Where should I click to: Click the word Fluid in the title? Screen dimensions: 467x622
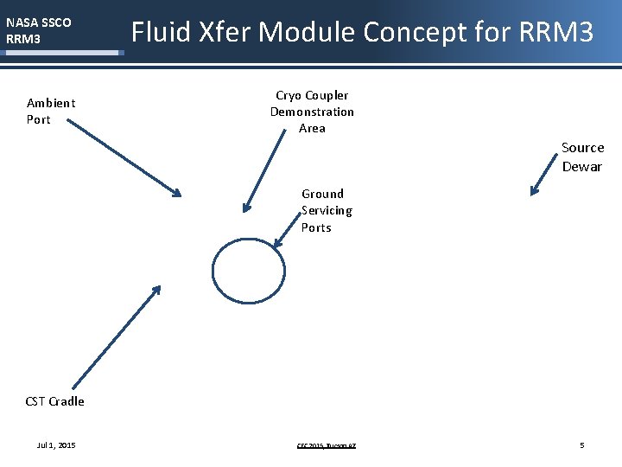(x=161, y=33)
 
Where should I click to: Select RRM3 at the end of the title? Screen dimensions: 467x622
(x=557, y=33)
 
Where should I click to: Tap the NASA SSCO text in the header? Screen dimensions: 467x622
(x=39, y=22)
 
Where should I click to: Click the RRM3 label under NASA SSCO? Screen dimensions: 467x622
(x=23, y=39)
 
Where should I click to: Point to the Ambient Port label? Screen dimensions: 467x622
(x=51, y=111)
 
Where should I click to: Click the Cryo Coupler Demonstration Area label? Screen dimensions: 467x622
(x=312, y=112)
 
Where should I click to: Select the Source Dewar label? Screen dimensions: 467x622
(x=582, y=157)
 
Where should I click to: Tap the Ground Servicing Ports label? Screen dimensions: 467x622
(x=327, y=210)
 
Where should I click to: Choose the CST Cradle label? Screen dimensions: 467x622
(x=55, y=401)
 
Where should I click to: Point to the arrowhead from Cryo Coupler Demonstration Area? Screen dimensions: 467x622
(x=246, y=208)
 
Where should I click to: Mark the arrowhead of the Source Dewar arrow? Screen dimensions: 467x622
(x=534, y=192)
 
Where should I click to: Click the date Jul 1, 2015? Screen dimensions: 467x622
(x=56, y=445)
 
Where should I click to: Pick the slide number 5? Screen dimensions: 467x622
(x=582, y=445)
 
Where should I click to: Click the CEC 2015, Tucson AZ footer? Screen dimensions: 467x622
(x=327, y=446)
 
